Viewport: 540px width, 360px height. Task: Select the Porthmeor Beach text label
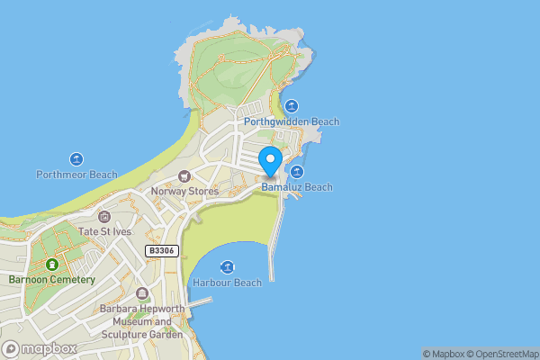76,174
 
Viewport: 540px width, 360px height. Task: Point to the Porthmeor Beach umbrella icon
76,158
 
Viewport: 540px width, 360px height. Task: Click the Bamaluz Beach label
298,187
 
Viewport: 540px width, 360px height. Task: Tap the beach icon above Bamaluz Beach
297,172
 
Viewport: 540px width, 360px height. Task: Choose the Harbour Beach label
227,283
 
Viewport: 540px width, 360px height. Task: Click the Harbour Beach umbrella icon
227,267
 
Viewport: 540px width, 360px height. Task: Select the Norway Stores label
184,191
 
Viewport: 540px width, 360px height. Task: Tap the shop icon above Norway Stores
184,175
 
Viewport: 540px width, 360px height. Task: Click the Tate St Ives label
104,232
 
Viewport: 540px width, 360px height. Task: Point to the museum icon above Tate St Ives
104,217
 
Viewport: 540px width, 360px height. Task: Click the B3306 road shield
162,251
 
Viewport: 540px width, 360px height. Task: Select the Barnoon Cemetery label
52,280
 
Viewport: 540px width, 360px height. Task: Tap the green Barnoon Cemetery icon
52,265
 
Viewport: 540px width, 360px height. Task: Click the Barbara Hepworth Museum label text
142,321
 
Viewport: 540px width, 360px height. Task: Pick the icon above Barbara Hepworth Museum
142,294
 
